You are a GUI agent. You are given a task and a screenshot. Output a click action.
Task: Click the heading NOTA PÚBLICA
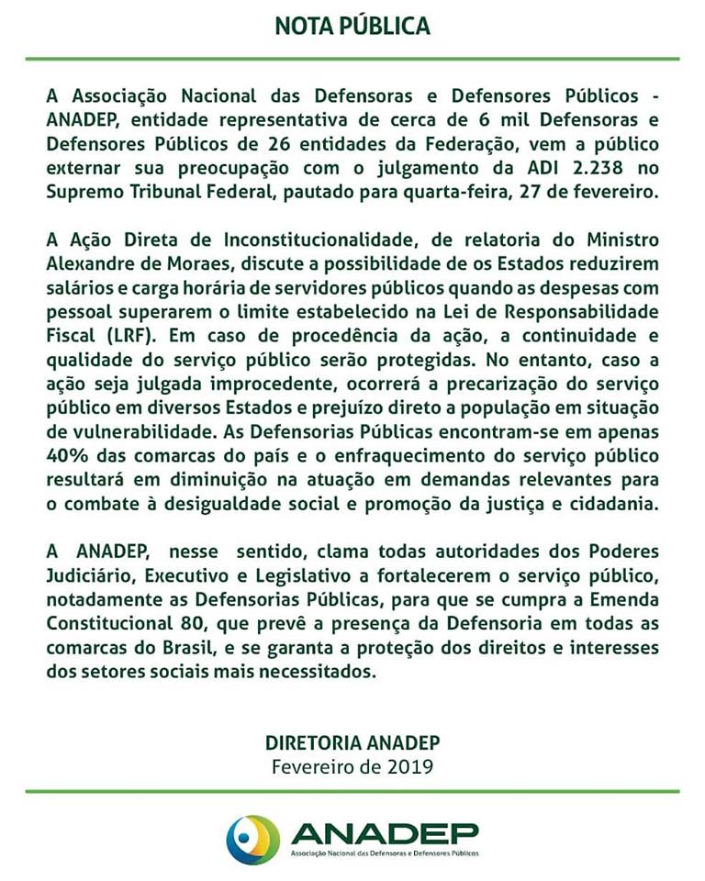tap(352, 26)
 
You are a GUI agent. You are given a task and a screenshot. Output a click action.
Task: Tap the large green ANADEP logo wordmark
tap(385, 833)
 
